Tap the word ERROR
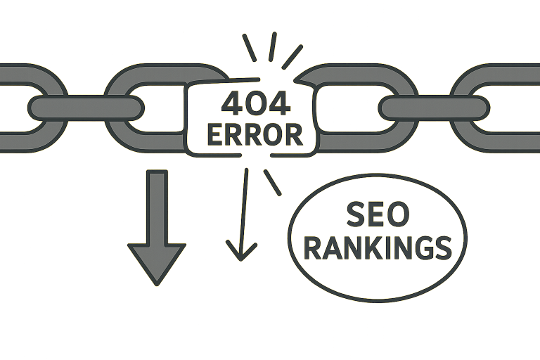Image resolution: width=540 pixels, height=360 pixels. point(255,134)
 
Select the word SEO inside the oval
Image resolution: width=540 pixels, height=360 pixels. point(377,214)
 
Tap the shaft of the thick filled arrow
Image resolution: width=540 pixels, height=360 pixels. point(156,204)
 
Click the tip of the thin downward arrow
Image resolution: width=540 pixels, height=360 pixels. point(241,257)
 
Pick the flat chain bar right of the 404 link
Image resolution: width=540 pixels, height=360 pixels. point(433,108)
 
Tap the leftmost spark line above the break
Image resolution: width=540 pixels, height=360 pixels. point(248,47)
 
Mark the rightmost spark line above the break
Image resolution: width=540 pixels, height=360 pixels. point(292,56)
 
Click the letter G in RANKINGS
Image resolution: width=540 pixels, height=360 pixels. point(420,247)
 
